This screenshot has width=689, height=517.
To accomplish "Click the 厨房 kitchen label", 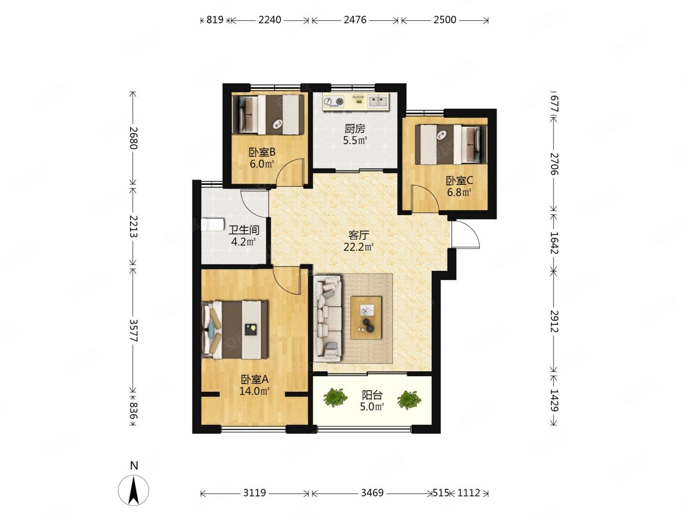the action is pos(355,129).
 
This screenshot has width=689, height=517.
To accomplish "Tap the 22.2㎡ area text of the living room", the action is pos(358,247).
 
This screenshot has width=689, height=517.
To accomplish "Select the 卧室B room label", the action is pos(262,152).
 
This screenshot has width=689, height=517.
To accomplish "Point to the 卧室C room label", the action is pos(459,181).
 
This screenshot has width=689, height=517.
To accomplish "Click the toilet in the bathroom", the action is pos(213,224).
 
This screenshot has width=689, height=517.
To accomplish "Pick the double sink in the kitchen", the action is pos(378,101).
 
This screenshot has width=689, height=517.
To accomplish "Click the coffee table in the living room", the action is pos(366,317).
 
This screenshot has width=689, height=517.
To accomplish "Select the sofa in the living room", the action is pos(328,319).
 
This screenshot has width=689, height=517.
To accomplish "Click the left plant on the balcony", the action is pos(335,398).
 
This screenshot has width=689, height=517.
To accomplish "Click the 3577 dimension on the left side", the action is pos(133,330).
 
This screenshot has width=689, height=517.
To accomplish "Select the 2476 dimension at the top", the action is pos(355,20).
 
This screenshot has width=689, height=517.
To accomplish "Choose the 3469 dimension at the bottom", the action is pos(372,493).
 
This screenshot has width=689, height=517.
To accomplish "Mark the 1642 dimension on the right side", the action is pos(554,243).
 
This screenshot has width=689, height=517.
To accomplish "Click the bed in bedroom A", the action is pos(234,330).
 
